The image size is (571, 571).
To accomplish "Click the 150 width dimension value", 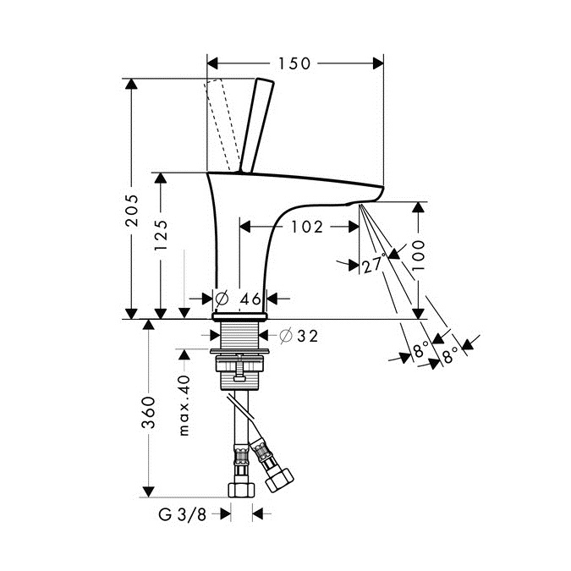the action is point(294,63).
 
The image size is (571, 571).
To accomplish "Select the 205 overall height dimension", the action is point(132,211).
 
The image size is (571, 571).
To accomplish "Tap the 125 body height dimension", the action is point(161,234).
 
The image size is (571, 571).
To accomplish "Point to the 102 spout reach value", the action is point(307,227).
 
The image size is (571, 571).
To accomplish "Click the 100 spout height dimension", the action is point(419,255).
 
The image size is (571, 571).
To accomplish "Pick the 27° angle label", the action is point(374,263).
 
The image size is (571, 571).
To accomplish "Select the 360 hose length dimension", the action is point(148,412).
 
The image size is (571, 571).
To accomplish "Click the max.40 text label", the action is point(184,405).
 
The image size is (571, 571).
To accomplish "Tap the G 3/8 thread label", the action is point(183,514).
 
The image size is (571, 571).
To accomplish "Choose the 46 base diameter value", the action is point(251,299).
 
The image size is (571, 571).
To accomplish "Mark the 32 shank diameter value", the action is point(308,336).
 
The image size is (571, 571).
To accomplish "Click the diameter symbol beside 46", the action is point(222,299).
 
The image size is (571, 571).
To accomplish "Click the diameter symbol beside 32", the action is point(286,335).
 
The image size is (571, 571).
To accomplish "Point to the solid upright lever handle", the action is point(256,125).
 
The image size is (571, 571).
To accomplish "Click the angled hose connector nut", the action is point(279,480).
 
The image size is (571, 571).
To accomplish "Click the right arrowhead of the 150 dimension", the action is point(378,63).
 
